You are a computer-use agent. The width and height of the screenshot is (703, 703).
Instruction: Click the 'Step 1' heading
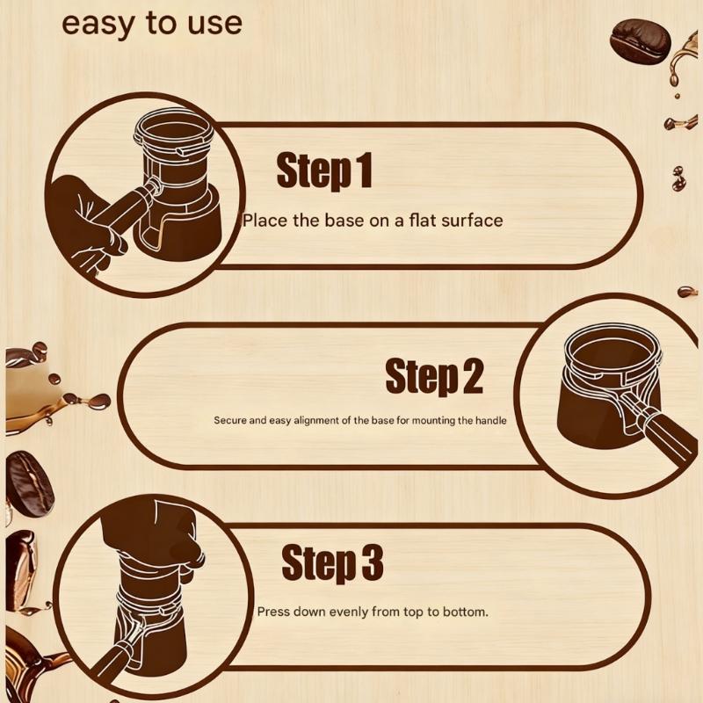(x=324, y=170)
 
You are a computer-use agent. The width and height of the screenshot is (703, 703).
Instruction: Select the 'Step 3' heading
(x=332, y=563)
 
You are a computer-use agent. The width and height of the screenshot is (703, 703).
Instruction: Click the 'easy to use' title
(x=151, y=24)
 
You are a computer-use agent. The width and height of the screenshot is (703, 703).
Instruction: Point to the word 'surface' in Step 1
(x=472, y=220)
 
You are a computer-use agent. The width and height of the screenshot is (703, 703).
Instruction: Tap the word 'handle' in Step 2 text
(x=490, y=420)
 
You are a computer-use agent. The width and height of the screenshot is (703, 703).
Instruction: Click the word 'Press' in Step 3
(x=273, y=612)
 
